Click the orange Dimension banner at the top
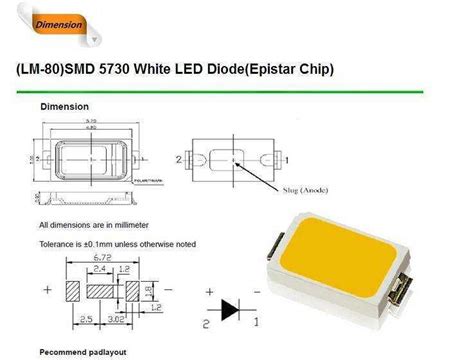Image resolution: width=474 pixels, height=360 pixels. tap(61, 23)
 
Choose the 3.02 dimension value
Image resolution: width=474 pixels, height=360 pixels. tap(117, 319)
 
